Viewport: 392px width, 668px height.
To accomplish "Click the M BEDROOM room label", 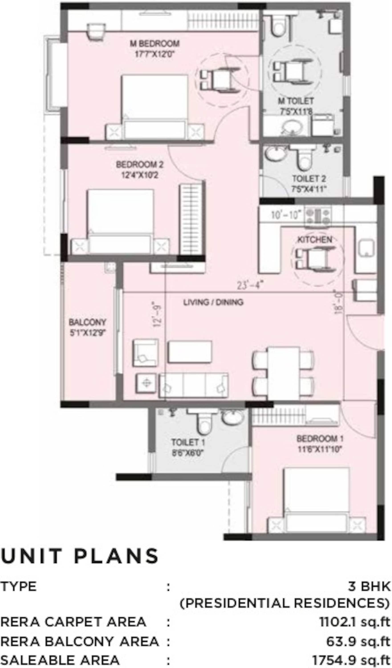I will pyautogui.click(x=154, y=43).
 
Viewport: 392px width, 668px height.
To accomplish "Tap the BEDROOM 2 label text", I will pyautogui.click(x=140, y=165).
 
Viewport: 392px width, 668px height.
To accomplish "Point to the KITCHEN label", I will pyautogui.click(x=315, y=240).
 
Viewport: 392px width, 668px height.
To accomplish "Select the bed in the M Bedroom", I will pyautogui.click(x=155, y=106).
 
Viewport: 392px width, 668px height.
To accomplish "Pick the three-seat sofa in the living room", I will pyautogui.click(x=193, y=385).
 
